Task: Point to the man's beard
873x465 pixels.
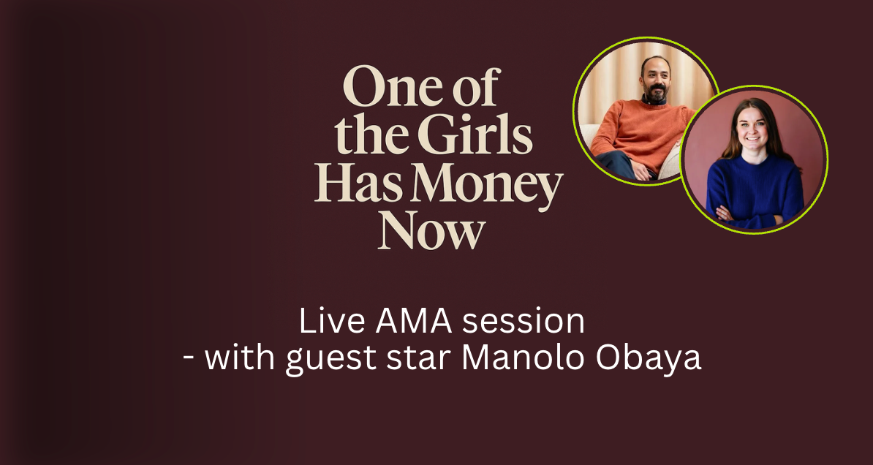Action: [x=655, y=94]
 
